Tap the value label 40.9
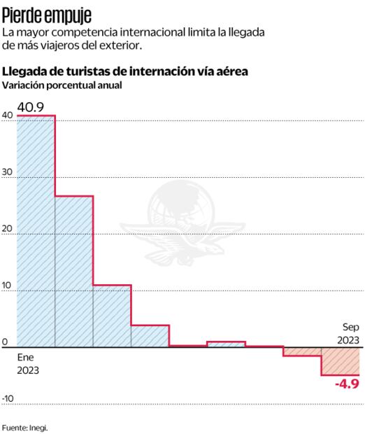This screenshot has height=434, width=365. tap(31, 106)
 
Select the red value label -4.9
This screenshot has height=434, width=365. tap(346, 384)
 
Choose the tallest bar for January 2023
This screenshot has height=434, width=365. tap(36, 231)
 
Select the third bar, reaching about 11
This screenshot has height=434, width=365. tap(112, 315)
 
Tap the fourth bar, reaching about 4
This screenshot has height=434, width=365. tap(150, 335)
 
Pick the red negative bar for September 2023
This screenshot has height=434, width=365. tap(340, 360)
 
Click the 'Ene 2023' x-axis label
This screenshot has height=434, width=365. tap(28, 363)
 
